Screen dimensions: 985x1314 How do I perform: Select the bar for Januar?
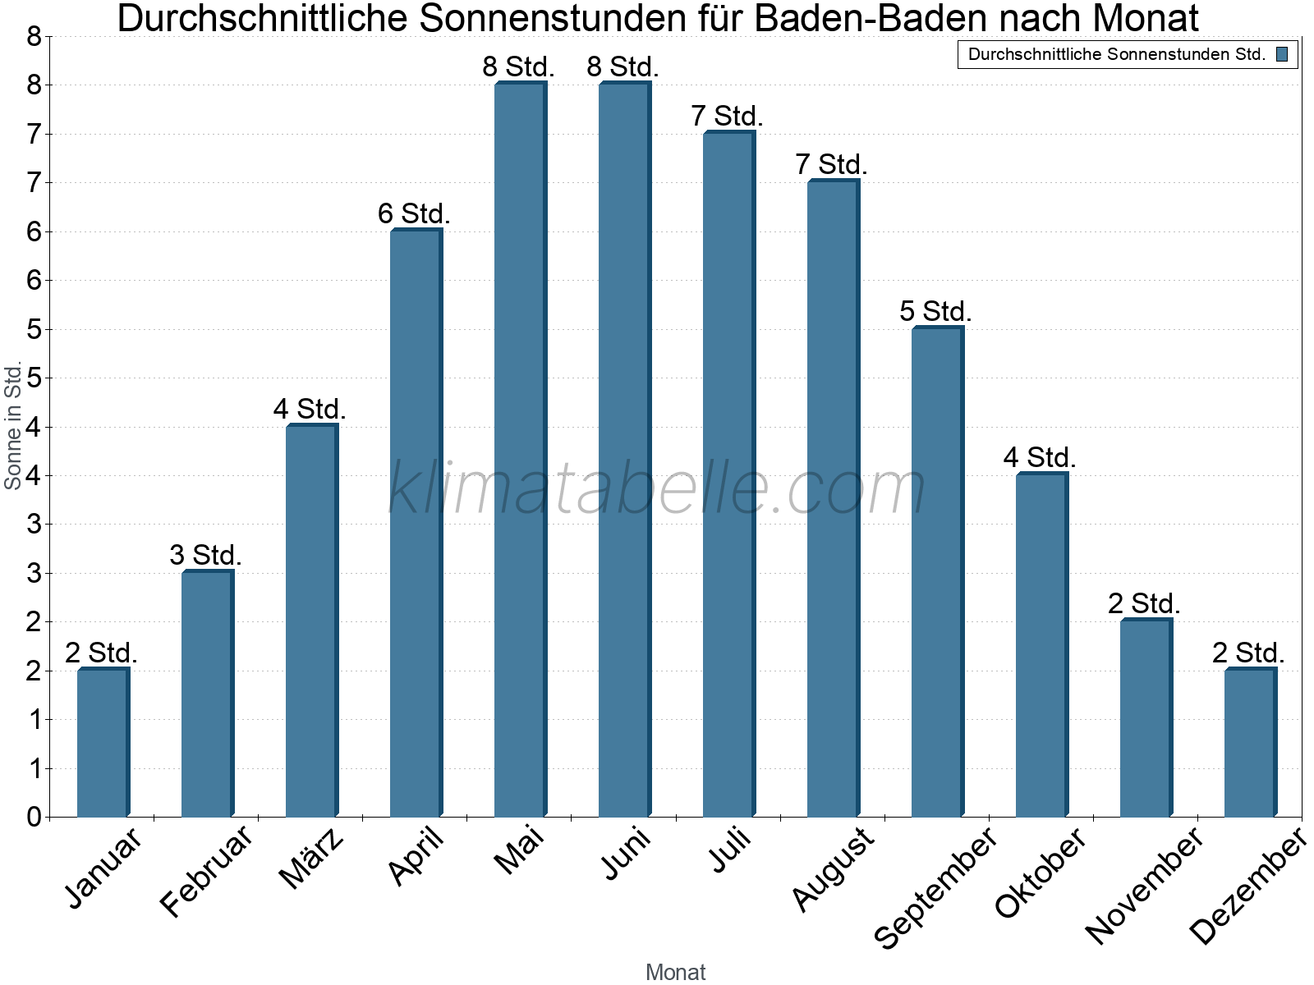(x=103, y=743)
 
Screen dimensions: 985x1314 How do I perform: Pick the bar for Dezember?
(x=1250, y=743)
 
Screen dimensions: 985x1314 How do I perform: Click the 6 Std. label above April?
(x=414, y=214)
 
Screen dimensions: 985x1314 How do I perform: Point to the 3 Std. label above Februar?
(x=205, y=556)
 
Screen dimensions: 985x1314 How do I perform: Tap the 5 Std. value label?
(x=935, y=312)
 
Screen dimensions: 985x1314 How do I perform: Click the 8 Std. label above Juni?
(x=623, y=67)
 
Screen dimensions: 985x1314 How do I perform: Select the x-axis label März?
(x=311, y=859)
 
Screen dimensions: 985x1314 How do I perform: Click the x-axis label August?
(x=833, y=868)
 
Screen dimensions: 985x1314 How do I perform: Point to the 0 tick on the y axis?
(x=34, y=817)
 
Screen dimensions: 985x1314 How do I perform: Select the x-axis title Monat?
(x=675, y=972)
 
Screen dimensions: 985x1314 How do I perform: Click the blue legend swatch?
(x=1282, y=54)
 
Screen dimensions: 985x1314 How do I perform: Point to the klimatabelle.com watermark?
(x=657, y=488)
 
